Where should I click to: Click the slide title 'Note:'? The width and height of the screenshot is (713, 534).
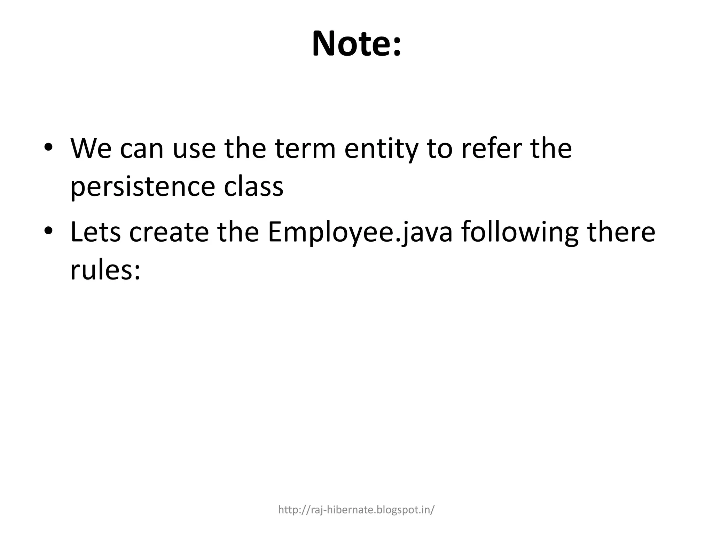click(x=356, y=44)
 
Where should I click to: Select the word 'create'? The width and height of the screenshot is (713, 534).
click(x=169, y=232)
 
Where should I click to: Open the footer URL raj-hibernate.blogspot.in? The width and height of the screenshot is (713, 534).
click(x=356, y=510)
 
